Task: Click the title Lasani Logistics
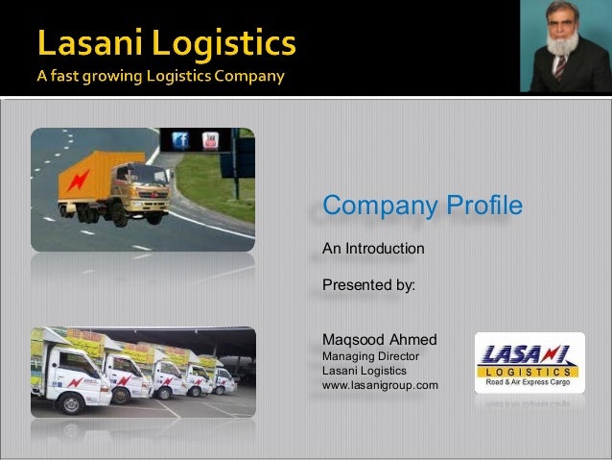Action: point(168,44)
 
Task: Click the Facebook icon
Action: point(178,140)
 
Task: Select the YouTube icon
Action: point(210,140)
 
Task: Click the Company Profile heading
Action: point(422,206)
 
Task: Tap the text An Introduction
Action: point(373,249)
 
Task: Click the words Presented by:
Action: point(368,284)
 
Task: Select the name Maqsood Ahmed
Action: point(380,340)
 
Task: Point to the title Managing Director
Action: point(370,356)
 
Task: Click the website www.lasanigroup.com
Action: point(380,385)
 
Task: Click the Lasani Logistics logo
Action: point(529,363)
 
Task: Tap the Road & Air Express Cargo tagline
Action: point(529,382)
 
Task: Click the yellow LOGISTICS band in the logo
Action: point(529,371)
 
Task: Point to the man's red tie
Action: point(559,68)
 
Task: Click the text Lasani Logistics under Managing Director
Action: point(365,371)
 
